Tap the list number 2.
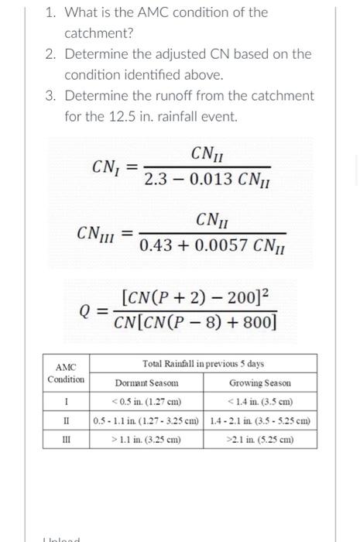[x=50, y=54]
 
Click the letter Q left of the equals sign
[x=87, y=310]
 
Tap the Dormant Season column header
[x=147, y=382]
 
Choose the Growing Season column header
[x=261, y=382]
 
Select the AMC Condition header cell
[x=66, y=373]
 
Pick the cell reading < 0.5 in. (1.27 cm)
[x=147, y=402]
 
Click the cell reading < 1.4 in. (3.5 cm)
[x=261, y=402]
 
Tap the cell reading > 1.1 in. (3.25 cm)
[x=147, y=439]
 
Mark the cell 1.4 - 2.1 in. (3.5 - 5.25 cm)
[x=261, y=420]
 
